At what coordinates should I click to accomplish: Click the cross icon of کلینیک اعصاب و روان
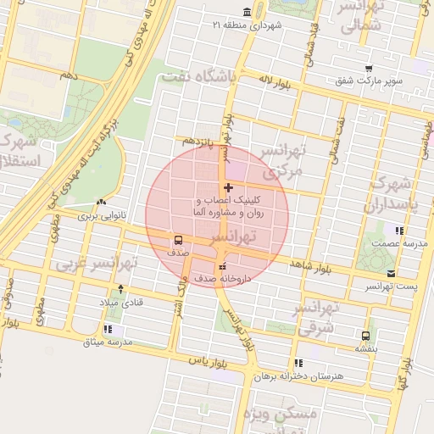coord(228,186)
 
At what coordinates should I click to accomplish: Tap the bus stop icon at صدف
coord(178,239)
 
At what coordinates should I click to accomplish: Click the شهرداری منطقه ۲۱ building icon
coord(246,12)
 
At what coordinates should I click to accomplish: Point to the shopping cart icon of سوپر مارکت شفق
coord(367,69)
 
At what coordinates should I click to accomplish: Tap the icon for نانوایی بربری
coord(102,203)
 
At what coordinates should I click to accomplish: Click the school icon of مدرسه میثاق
coord(108,329)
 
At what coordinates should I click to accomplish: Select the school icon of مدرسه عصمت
coord(398,231)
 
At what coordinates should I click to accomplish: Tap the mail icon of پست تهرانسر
coord(391,273)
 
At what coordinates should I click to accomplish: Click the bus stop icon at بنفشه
coord(365,335)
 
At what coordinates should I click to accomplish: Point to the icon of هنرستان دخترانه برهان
coord(298,362)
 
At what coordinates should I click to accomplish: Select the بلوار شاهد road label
coord(309,266)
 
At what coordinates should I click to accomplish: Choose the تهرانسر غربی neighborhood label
coord(95,264)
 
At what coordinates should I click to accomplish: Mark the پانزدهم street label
coord(201,141)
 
